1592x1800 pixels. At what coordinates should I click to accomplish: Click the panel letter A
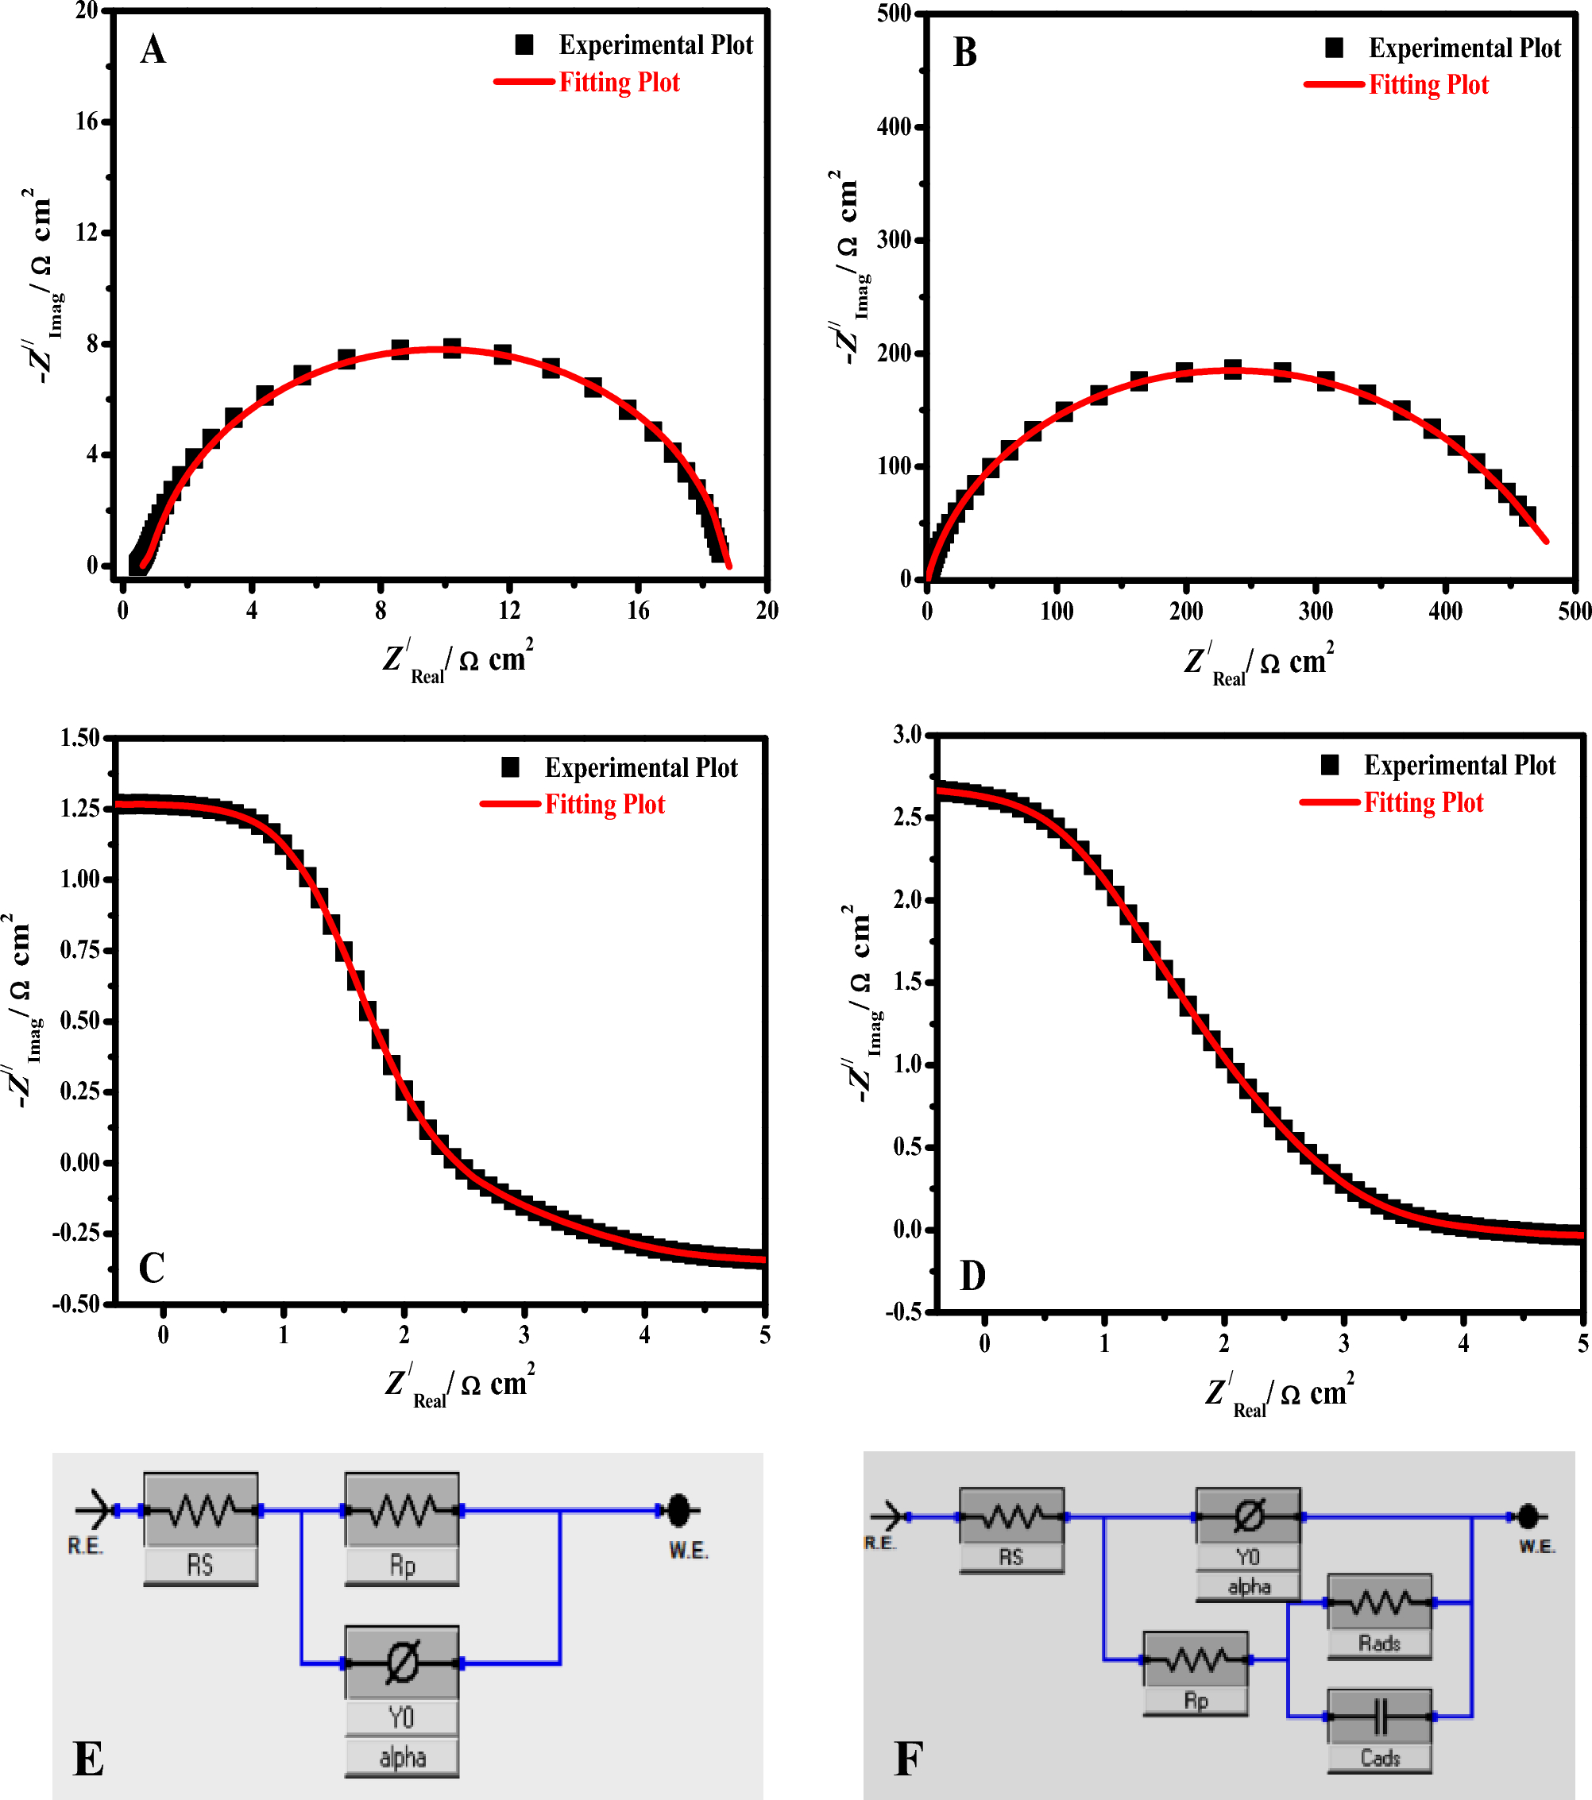(153, 49)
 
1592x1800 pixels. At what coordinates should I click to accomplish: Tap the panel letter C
(152, 1267)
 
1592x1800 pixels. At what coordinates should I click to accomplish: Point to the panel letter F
(908, 1759)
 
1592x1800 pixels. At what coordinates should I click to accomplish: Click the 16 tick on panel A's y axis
(87, 122)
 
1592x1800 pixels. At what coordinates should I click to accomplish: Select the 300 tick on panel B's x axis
(1316, 610)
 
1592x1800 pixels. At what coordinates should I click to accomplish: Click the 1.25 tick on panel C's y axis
(79, 809)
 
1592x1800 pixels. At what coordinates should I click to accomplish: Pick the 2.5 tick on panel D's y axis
(909, 817)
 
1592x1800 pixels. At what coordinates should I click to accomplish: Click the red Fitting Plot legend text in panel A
(619, 83)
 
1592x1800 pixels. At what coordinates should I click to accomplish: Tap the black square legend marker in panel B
(1334, 48)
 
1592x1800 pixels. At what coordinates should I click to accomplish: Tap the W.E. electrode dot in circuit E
(678, 1510)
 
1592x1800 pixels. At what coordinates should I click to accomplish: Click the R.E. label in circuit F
(879, 1543)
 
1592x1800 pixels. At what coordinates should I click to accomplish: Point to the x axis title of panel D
(1278, 1394)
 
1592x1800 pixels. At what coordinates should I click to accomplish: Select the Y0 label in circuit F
(1248, 1557)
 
